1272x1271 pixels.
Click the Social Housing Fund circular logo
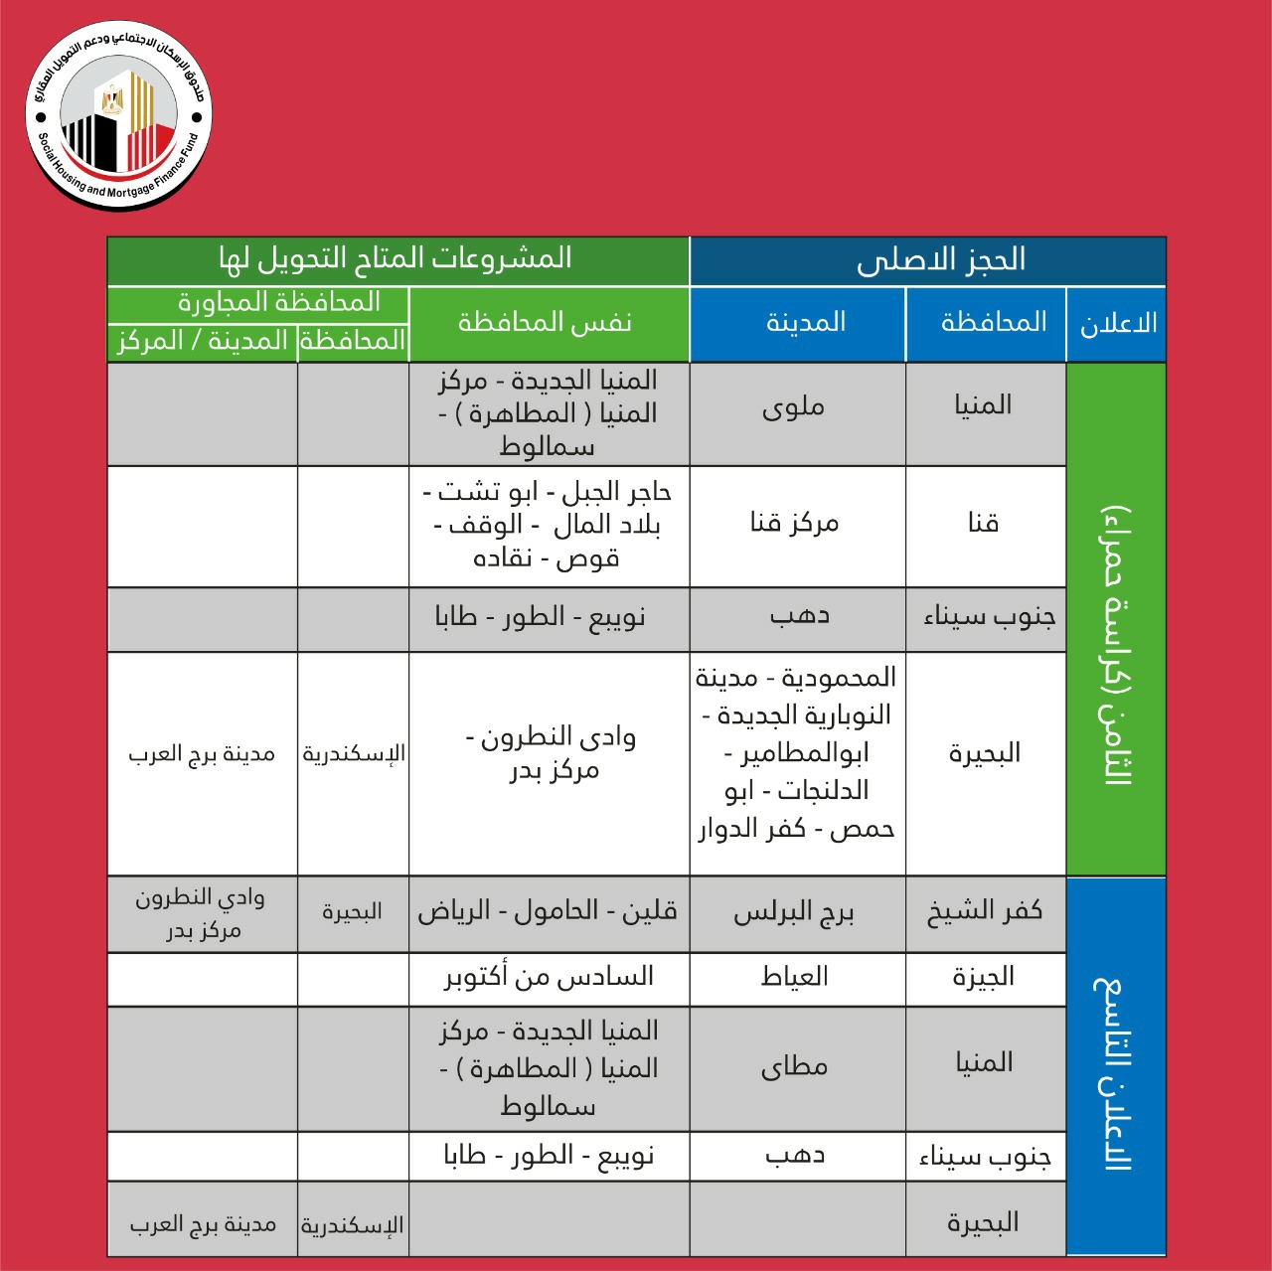click(x=118, y=115)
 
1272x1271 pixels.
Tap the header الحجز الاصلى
click(x=940, y=260)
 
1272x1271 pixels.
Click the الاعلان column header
click(x=1118, y=323)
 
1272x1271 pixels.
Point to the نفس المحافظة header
click(x=546, y=323)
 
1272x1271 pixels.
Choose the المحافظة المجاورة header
click(x=279, y=302)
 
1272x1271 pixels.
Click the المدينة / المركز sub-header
click(x=203, y=341)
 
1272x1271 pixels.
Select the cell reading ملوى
click(x=795, y=407)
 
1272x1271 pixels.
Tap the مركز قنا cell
click(x=795, y=523)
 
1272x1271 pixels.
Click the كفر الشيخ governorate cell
click(x=985, y=911)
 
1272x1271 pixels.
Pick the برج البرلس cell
click(x=795, y=913)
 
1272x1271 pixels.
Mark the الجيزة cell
click(x=985, y=977)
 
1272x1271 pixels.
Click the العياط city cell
click(x=795, y=977)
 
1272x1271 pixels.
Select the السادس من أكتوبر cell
click(x=549, y=977)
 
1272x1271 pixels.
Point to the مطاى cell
click(x=795, y=1067)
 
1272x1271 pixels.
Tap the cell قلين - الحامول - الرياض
click(x=548, y=911)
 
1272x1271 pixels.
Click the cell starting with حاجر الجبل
click(x=548, y=524)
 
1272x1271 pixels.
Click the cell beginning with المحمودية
click(x=796, y=753)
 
